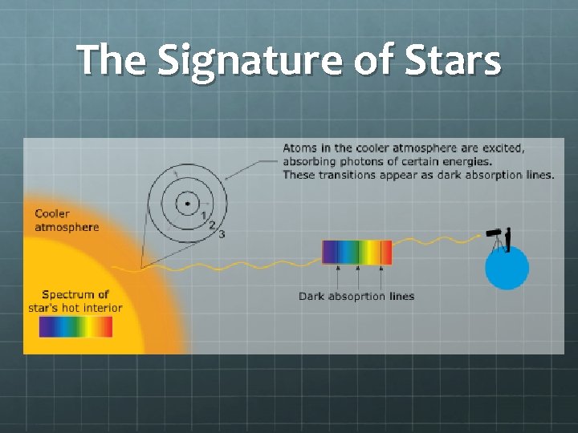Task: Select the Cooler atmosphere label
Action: tap(66, 221)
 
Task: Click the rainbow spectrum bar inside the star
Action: tap(75, 327)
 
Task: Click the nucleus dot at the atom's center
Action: tap(187, 204)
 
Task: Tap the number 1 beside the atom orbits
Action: tap(204, 215)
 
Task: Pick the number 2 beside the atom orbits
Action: tap(212, 225)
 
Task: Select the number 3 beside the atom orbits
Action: tap(221, 233)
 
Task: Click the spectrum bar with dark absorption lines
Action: tap(356, 253)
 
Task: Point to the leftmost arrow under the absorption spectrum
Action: tap(337, 275)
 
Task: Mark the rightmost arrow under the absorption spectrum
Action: tap(381, 275)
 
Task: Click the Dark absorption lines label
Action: tap(356, 296)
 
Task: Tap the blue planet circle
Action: tap(507, 269)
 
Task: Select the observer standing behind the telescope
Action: tap(508, 238)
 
